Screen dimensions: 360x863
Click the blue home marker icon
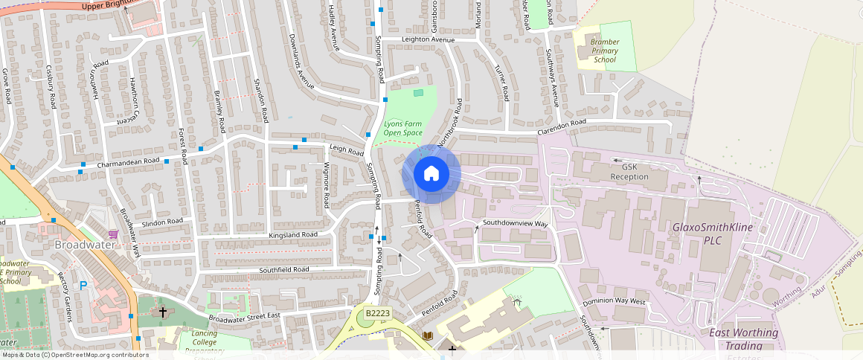[431, 174]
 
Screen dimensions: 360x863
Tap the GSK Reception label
[629, 172]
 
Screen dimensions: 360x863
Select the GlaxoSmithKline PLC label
[713, 234]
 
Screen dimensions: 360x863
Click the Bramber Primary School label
[604, 51]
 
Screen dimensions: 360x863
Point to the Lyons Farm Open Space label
[402, 128]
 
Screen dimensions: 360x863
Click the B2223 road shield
[378, 314]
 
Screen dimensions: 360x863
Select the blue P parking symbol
[83, 285]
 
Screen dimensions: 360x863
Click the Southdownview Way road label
[515, 222]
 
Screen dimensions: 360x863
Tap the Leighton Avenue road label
[428, 39]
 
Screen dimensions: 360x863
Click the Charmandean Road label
[128, 161]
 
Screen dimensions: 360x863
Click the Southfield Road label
[283, 269]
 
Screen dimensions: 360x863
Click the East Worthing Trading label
[744, 338]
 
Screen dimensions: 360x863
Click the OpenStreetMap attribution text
[74, 355]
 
